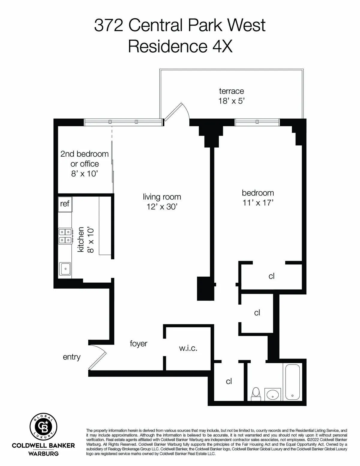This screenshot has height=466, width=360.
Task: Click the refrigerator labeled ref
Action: point(65,204)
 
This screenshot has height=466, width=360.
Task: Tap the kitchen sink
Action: point(65,269)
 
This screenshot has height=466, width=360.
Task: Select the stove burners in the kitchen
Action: point(65,236)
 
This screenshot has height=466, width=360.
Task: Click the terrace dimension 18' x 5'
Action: point(231,101)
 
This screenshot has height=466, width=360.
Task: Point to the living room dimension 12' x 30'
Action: point(162,207)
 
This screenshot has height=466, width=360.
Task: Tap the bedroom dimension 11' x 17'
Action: point(258,203)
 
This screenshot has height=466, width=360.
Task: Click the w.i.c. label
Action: point(188,348)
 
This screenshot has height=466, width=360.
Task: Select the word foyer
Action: point(138,343)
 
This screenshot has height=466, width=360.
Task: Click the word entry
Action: point(72,357)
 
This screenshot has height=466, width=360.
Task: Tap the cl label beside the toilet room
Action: point(229,381)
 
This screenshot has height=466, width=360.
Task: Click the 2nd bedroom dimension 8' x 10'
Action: point(85,174)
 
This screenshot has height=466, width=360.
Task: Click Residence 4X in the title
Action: point(180,47)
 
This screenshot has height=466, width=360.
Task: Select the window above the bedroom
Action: point(257,122)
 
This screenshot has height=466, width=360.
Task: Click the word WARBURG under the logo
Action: point(43,453)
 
